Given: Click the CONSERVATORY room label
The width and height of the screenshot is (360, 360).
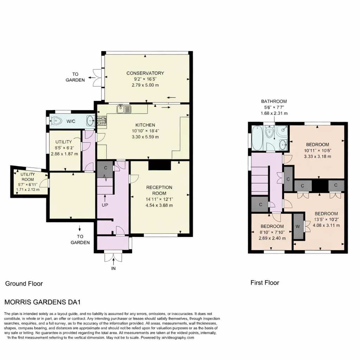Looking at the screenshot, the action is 145,73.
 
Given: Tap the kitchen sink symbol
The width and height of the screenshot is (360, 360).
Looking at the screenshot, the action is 124,109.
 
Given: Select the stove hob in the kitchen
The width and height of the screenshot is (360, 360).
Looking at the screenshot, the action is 102,121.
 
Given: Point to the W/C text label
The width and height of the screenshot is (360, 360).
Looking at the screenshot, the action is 71,121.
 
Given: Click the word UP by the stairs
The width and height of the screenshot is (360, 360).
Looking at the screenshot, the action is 105,205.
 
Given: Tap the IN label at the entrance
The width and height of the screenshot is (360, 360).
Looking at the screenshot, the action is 114,268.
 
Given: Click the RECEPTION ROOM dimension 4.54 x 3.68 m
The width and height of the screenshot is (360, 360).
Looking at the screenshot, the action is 159,205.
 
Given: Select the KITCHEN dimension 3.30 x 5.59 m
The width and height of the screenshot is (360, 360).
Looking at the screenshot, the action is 145,137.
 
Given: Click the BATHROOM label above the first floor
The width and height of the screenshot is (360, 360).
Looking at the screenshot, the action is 274,101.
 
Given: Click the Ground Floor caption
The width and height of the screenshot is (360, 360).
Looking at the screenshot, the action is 24,284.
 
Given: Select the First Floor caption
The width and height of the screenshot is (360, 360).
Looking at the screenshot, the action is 265,283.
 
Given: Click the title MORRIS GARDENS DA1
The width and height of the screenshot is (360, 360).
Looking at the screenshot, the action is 43,302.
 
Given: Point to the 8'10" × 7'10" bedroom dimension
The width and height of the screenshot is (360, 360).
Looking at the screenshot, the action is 272,232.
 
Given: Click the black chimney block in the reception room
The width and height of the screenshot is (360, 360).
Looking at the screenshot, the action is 160,165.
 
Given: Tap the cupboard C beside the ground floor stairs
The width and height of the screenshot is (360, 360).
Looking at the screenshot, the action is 105,169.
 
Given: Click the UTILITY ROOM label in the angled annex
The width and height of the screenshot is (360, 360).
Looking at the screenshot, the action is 27,177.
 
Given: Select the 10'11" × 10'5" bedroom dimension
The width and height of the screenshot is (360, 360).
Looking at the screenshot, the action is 317,150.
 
